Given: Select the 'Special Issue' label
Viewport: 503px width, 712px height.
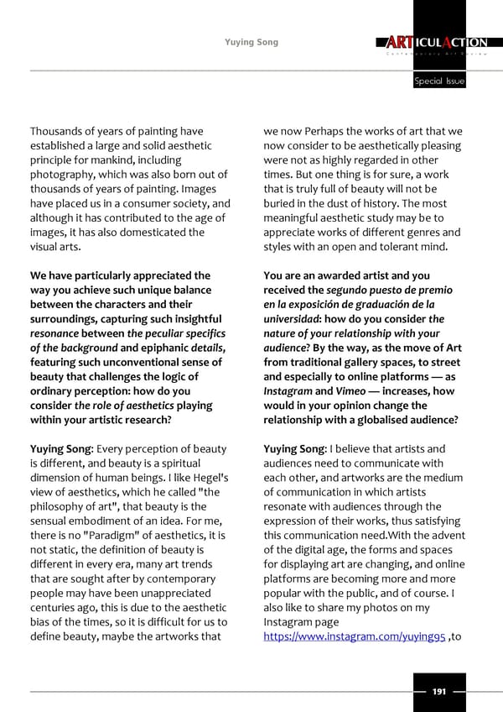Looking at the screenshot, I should click(x=438, y=81).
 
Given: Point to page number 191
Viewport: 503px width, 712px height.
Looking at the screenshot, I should click(x=438, y=690).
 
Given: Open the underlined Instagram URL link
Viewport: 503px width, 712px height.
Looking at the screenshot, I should click(x=355, y=639).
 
